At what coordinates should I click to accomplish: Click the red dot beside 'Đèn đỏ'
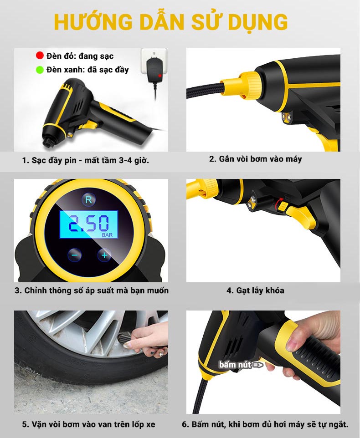[40, 55]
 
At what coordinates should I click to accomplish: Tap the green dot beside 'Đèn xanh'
[40, 70]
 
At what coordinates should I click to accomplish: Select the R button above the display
[88, 199]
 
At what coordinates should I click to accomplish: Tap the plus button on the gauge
[104, 255]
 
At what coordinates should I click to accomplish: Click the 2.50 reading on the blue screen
[88, 223]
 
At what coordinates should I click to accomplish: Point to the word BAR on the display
[108, 235]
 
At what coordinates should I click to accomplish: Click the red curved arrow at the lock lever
[278, 204]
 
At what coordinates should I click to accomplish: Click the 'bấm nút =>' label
[241, 365]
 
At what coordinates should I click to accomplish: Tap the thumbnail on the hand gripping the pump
[291, 344]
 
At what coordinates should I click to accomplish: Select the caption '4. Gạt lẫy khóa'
[256, 290]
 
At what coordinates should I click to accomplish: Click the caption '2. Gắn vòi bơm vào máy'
[256, 159]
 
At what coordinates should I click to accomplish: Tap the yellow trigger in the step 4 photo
[302, 216]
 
